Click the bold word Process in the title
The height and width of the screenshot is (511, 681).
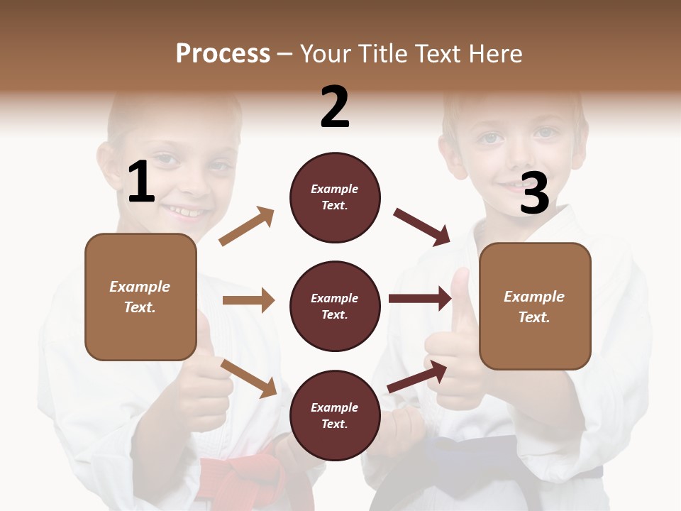coord(223,53)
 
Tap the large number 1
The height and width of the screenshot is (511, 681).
coord(141,182)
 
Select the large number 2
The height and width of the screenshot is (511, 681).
coord(335,107)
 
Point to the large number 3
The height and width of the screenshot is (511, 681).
coord(534,193)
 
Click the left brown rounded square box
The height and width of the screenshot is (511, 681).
coord(140,297)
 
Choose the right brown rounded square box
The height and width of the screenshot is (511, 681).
coord(535,306)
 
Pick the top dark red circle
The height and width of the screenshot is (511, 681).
coord(335,197)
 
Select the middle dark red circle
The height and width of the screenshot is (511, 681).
coord(335,306)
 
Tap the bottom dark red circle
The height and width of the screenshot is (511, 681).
coord(335,415)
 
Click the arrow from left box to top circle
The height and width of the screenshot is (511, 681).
coord(247,226)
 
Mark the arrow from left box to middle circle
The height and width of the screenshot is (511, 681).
coord(248,300)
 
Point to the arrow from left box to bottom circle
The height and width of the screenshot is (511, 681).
coord(248,378)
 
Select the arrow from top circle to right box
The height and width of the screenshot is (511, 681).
coord(422,227)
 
